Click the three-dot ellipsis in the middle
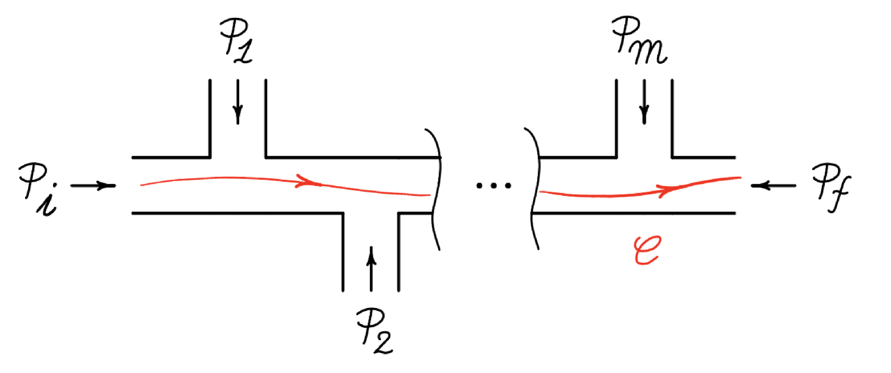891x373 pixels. (493, 186)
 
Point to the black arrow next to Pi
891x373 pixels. (93, 186)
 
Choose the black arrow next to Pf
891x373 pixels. (773, 186)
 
